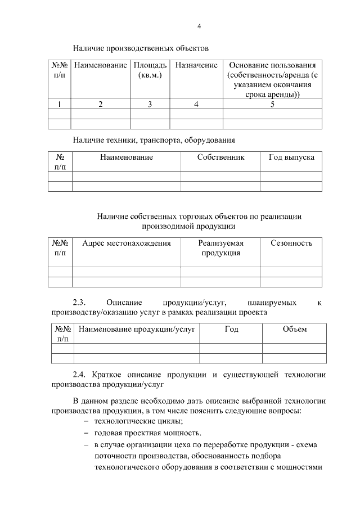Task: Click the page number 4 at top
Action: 199,26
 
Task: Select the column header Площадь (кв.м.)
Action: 150,70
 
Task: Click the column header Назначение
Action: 196,65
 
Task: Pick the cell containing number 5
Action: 272,104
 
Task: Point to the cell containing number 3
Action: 150,104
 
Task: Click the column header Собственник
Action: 220,157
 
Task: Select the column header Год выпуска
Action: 291,157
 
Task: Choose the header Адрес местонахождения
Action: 126,243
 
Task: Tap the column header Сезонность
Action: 291,243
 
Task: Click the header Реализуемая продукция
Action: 220,248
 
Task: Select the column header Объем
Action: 294,329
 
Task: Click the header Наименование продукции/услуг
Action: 137,329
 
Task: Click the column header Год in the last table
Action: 231,329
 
